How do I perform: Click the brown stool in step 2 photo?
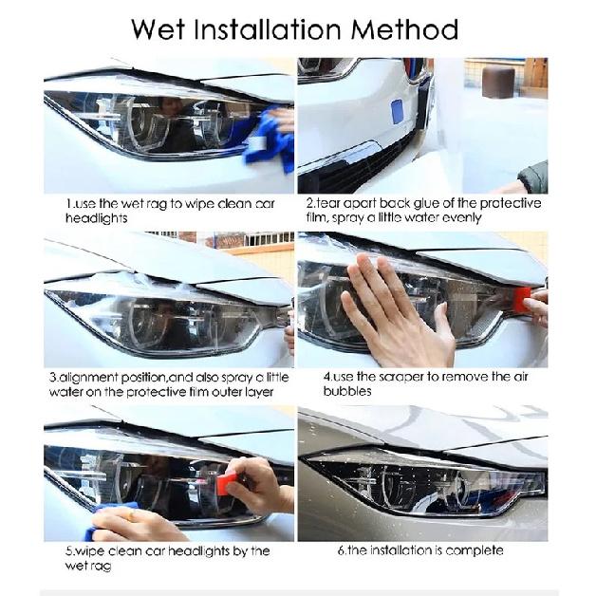coord(497,82)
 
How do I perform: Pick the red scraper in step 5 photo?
coord(226,485)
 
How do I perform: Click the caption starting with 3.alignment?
coord(168,383)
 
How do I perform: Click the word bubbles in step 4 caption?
coord(347,391)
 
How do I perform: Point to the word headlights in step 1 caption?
coord(97,218)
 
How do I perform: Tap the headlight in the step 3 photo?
coord(161,317)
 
